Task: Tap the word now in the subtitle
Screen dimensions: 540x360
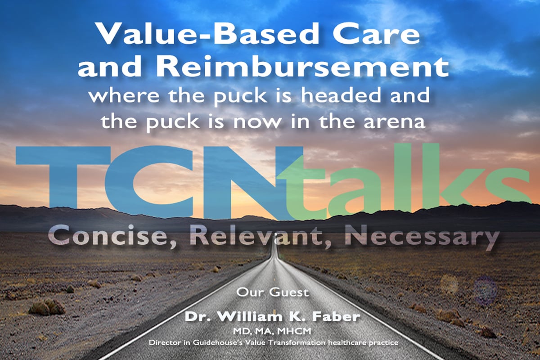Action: tap(257, 122)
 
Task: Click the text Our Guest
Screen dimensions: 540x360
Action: tap(272, 292)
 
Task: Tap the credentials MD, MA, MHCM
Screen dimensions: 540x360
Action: tap(272, 332)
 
